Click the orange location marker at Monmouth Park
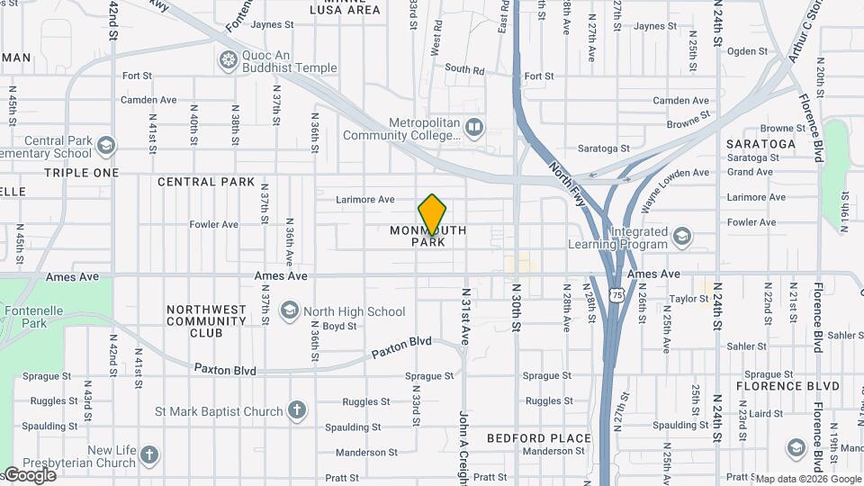(432, 214)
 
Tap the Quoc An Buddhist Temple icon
(228, 60)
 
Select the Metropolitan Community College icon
(473, 128)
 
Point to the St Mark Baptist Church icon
(297, 411)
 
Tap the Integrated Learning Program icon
(681, 237)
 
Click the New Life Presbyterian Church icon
(148, 455)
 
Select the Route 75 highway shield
(616, 294)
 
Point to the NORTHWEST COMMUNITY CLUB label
(206, 321)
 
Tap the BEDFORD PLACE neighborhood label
(539, 438)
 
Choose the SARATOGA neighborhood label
(760, 144)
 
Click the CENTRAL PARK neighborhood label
(206, 182)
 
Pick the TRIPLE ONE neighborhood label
(81, 173)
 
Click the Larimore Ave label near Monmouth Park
(364, 199)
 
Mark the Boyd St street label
(339, 327)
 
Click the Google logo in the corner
(29, 475)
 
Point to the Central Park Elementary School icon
(106, 146)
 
